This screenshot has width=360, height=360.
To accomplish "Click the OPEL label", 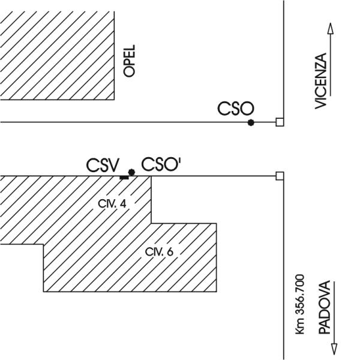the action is coord(129,59).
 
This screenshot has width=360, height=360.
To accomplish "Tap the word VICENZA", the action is coord(321,80).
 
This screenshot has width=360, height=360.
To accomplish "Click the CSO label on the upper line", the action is coord(236,109).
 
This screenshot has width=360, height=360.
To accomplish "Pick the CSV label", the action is coord(104,165).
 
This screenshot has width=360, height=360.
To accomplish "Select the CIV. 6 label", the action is coord(159,252).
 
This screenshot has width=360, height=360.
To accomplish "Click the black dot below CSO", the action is coord(251,122).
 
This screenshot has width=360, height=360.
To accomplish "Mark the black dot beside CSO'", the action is coord(131,172).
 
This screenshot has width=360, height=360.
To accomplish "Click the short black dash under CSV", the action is coord(124,177).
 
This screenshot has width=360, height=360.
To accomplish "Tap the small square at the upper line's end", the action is coord(279,122).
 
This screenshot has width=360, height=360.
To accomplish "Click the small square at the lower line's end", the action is coord(279,176).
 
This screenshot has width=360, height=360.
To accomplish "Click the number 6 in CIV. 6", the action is coord(170,252).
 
